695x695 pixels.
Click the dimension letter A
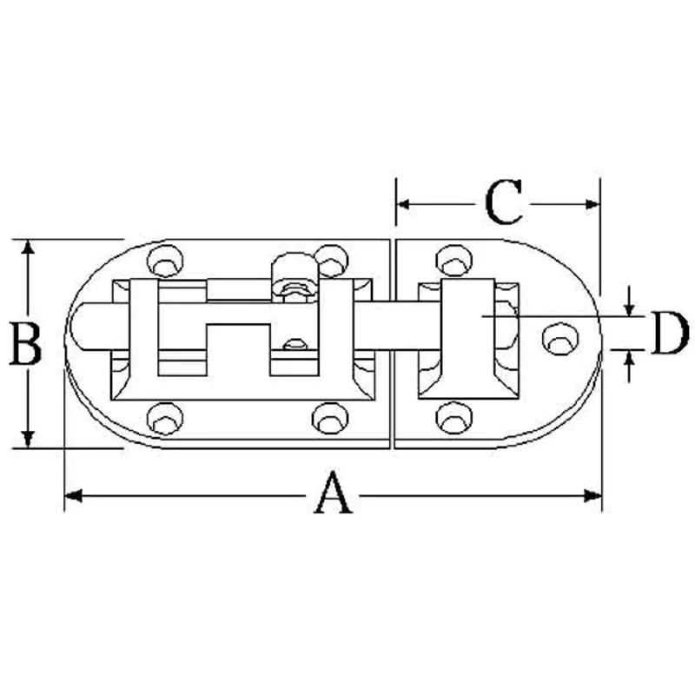334,494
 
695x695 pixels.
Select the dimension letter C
504,203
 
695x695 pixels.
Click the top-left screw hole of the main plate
164,260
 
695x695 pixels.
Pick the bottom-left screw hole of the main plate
163,419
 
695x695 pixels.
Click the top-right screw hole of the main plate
330,259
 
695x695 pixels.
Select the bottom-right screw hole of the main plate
329,419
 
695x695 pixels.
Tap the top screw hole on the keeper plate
453,260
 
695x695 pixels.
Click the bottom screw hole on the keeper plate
453,418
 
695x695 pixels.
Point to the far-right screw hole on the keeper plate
559,338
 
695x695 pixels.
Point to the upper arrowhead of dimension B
29,248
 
